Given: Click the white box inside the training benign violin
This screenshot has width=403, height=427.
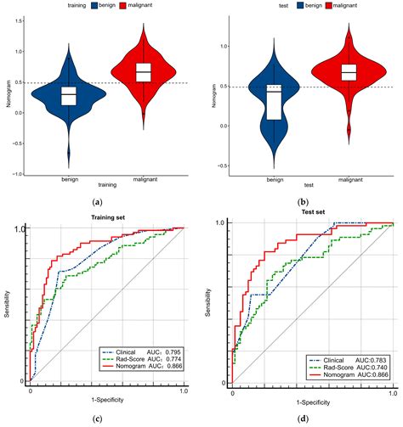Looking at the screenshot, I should point(68,95).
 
